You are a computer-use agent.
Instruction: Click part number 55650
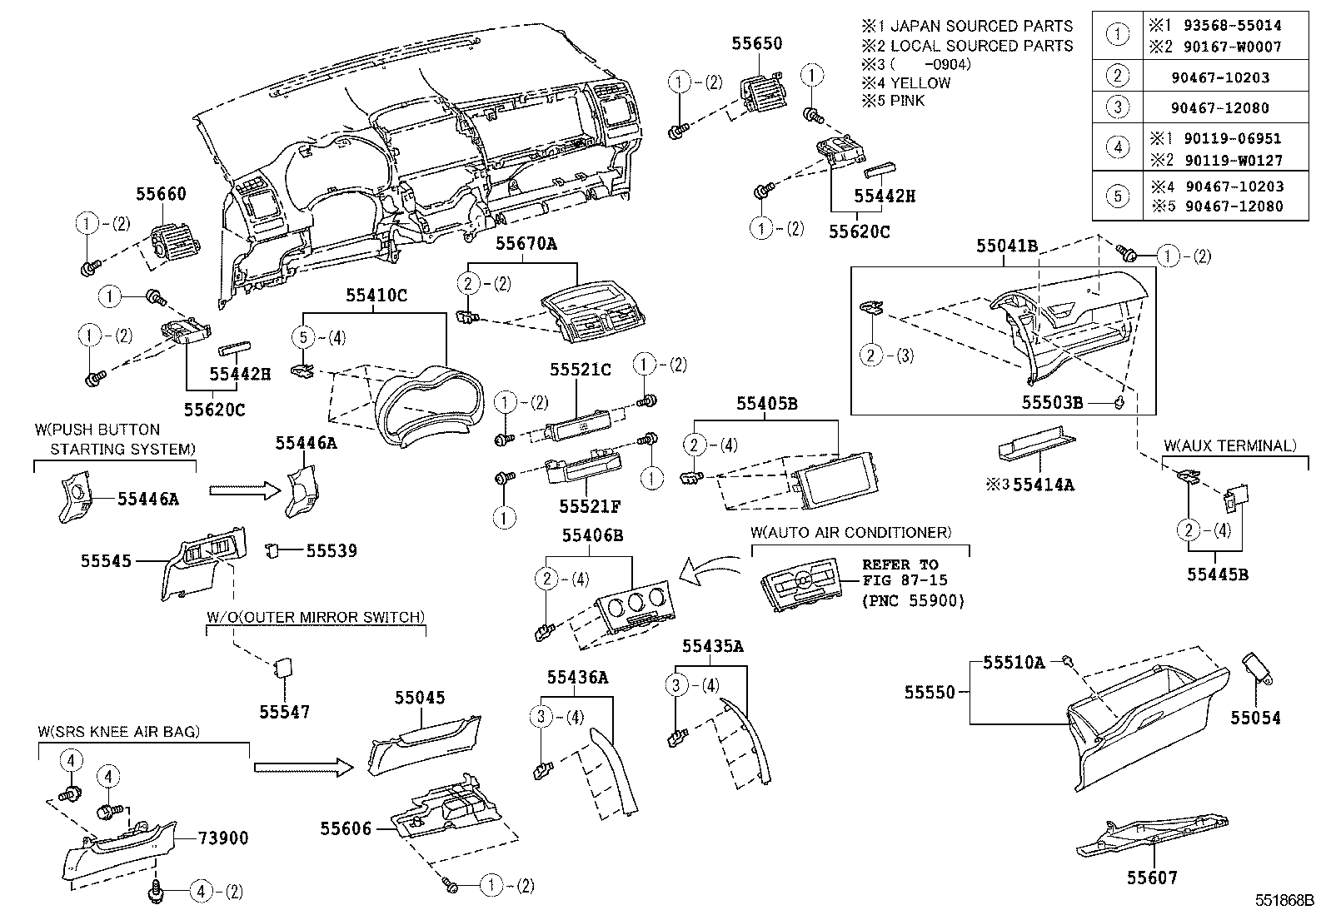click(757, 43)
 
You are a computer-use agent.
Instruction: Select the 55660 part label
click(161, 194)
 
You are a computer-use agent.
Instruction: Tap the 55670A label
click(526, 243)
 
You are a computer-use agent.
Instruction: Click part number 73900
click(224, 838)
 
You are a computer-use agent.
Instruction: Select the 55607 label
click(1153, 877)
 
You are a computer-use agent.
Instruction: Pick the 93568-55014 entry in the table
click(1239, 26)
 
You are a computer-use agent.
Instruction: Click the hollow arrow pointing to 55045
click(305, 766)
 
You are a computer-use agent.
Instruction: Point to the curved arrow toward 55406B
click(708, 572)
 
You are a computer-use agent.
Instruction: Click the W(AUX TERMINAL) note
click(1229, 445)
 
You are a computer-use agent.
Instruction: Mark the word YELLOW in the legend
click(920, 82)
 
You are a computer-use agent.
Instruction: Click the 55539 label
click(331, 550)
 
